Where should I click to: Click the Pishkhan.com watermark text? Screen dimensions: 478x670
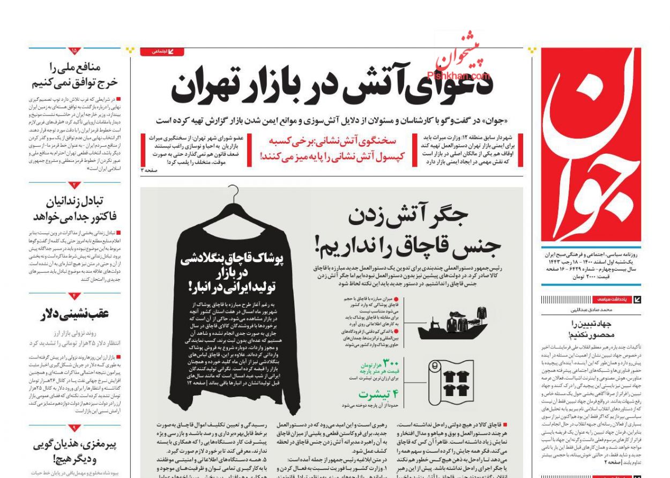pyautogui.click(x=458, y=76)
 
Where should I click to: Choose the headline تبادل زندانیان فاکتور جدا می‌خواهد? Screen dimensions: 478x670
pyautogui.click(x=75, y=209)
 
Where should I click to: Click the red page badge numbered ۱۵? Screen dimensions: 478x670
pyautogui.click(x=75, y=51)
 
